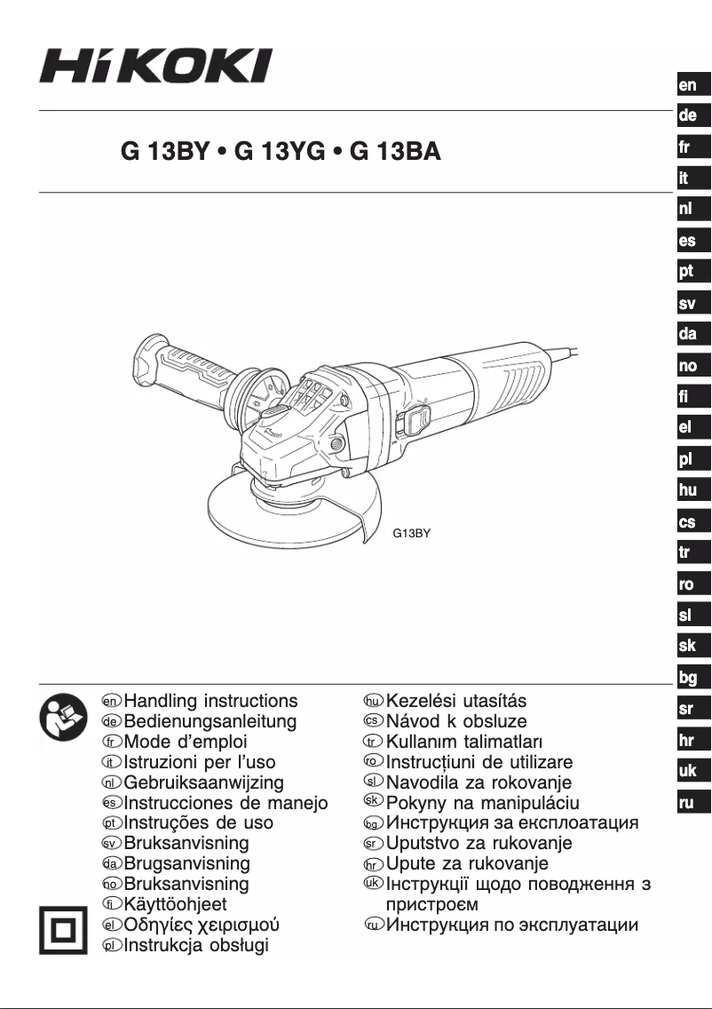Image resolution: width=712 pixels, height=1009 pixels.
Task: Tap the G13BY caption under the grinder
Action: (411, 535)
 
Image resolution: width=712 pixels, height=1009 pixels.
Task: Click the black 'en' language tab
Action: (689, 85)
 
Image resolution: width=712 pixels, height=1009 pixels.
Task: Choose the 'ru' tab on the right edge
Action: (689, 803)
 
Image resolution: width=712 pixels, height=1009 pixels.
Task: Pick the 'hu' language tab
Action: (689, 490)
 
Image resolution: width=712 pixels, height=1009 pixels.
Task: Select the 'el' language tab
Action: (689, 427)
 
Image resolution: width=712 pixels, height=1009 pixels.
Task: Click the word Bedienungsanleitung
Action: (210, 721)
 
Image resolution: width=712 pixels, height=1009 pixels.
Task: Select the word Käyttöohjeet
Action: (175, 905)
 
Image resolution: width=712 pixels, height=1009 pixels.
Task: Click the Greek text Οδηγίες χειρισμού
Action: (203, 926)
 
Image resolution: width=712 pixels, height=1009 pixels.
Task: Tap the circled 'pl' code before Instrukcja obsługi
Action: (112, 945)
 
